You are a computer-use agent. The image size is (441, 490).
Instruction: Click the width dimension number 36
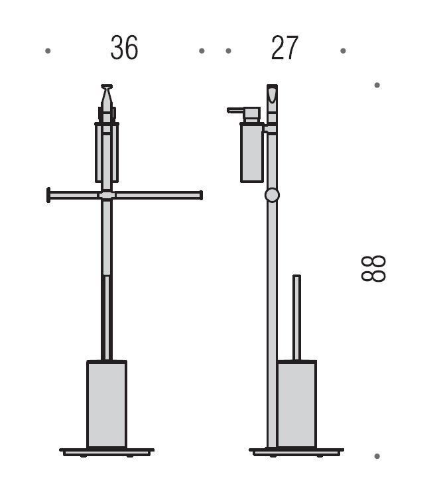tap(124, 48)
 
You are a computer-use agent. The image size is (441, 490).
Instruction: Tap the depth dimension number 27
tap(284, 48)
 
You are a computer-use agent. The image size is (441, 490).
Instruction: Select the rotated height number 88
tap(373, 269)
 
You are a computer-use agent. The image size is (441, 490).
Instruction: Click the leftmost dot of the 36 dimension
tap(48, 50)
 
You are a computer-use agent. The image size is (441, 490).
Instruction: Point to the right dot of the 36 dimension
tap(202, 50)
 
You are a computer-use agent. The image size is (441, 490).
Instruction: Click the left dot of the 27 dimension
tap(229, 50)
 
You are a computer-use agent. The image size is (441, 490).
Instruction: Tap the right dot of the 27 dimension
tap(343, 50)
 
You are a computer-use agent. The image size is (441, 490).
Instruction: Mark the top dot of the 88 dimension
tap(377, 85)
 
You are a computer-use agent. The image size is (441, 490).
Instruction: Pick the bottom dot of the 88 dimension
tap(377, 456)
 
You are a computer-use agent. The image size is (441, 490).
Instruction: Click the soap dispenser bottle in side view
tap(252, 153)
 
